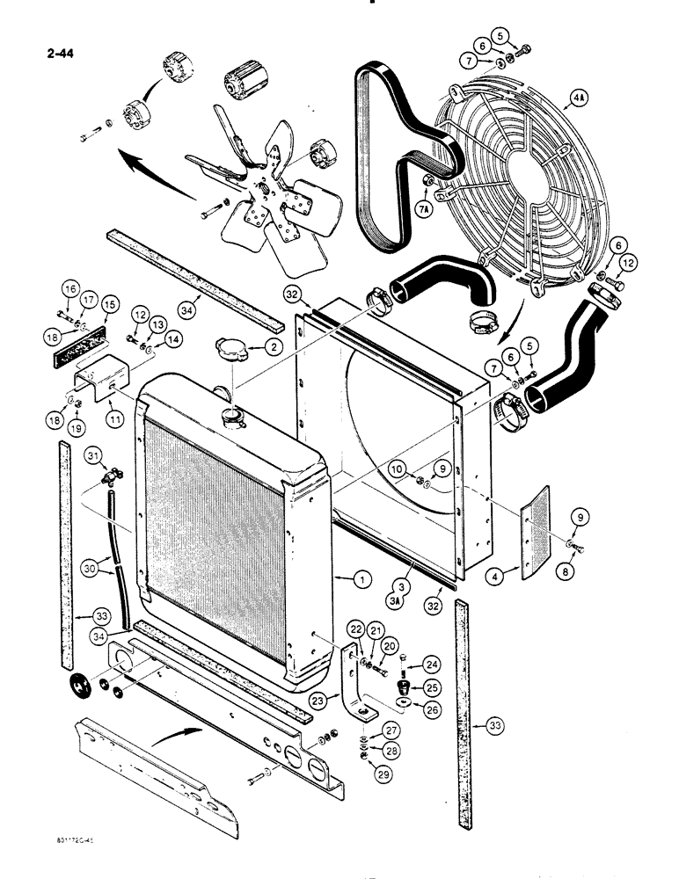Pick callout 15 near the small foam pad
coord(109,305)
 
